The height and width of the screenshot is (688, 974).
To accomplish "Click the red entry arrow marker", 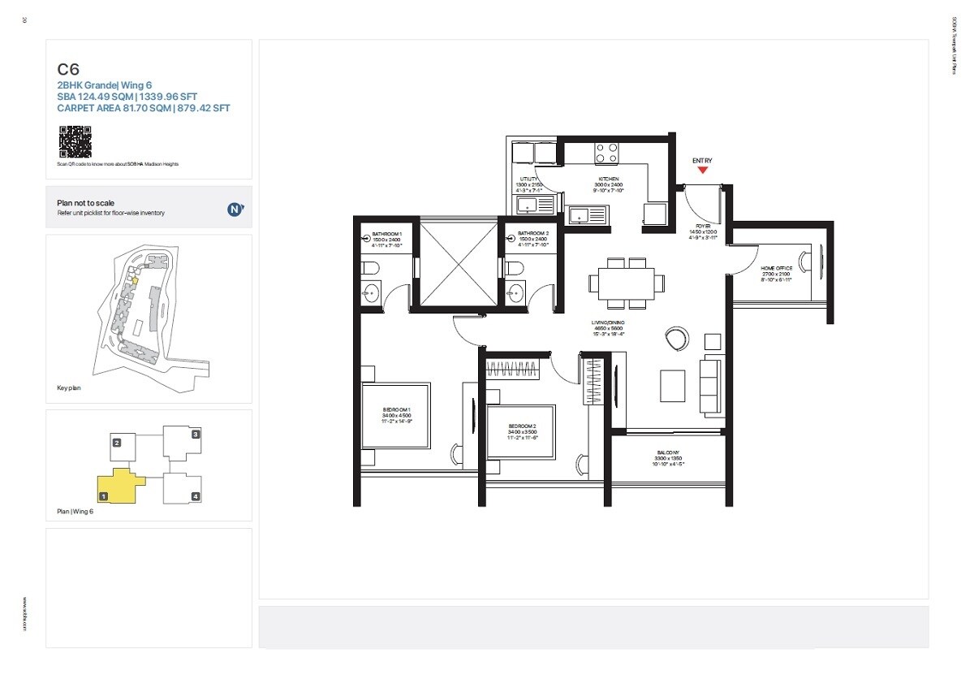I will tap(703, 170).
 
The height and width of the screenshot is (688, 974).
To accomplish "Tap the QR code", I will tap(74, 141).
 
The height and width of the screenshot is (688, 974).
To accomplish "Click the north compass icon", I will tap(235, 209).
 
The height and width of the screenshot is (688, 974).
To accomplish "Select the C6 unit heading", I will tap(68, 70).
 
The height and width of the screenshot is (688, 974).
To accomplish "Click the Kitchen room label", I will tap(609, 179).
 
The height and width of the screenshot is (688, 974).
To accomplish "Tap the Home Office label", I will tap(775, 268).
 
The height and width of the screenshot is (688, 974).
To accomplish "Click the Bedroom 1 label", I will tap(397, 410).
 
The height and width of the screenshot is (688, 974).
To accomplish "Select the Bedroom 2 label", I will tap(522, 426).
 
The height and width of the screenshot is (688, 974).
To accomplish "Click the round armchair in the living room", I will tap(675, 337).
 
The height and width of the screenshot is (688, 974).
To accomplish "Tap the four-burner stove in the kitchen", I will tap(606, 153).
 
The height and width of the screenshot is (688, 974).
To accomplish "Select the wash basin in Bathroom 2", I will tap(514, 293).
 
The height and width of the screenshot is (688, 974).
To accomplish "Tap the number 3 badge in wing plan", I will tap(196, 434).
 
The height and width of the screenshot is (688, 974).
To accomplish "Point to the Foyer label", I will tap(703, 227).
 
